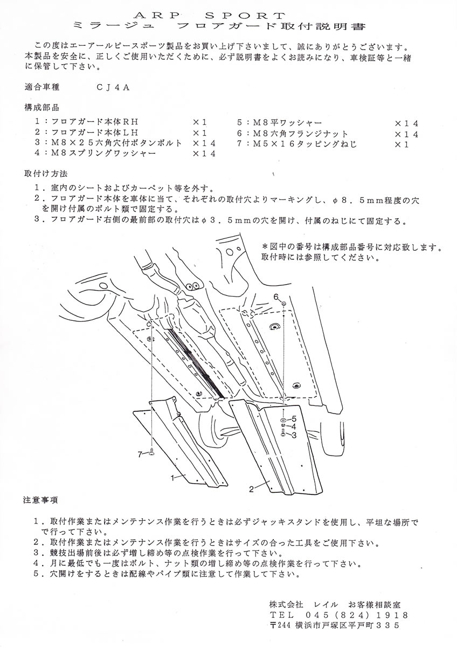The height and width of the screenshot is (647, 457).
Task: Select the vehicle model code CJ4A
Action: (113, 87)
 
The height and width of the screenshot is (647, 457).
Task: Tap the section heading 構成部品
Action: (42, 108)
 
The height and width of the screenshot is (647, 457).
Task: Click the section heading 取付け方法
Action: (46, 174)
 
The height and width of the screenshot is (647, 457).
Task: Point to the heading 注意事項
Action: (40, 500)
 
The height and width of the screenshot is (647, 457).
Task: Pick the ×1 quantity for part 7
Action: (402, 144)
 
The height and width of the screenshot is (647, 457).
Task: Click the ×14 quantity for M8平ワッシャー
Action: (406, 123)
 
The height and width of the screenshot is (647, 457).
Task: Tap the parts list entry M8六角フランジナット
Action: (301, 134)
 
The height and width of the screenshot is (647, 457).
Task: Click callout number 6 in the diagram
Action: (276, 297)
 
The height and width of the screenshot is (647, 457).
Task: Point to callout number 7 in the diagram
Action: (140, 455)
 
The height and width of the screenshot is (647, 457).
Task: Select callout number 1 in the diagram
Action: (172, 478)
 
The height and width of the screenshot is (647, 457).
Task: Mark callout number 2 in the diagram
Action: (252, 490)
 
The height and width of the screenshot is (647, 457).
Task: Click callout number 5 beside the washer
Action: (294, 418)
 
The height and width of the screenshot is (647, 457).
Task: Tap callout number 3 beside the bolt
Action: (294, 435)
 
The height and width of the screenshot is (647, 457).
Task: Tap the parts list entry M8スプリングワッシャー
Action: (103, 153)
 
